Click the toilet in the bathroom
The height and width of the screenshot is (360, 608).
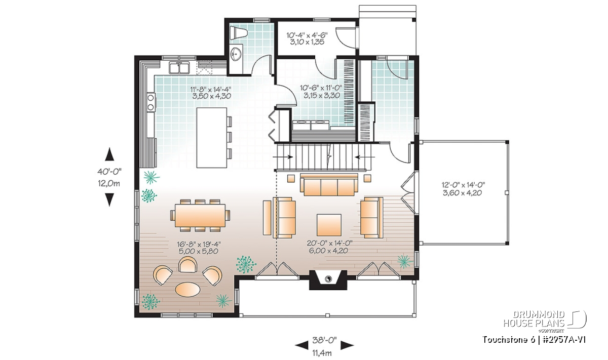(x=239, y=33)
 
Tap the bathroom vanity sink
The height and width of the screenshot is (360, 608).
(x=236, y=54)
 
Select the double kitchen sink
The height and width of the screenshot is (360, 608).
(x=179, y=67)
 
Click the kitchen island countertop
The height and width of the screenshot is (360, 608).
(x=212, y=138)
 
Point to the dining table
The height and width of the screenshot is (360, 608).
(x=200, y=215)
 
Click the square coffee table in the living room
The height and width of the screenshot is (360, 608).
(x=329, y=225)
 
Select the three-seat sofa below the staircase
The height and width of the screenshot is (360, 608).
(x=329, y=185)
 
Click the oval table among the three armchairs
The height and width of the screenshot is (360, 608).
(x=188, y=289)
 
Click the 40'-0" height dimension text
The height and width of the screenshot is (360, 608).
(x=109, y=172)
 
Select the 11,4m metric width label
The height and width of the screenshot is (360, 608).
(x=322, y=353)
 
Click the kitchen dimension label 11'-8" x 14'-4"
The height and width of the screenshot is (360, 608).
(x=211, y=89)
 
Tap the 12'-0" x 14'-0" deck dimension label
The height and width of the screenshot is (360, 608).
(x=464, y=185)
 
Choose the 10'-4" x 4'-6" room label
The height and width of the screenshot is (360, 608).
(x=307, y=35)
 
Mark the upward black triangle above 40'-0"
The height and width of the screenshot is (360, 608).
(x=109, y=154)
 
